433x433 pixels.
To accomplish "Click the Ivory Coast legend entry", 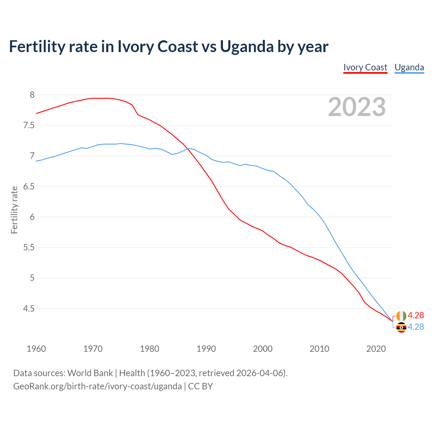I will click(365, 67).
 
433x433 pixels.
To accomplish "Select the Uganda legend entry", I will click(409, 67).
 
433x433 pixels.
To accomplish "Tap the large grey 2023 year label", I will click(357, 107).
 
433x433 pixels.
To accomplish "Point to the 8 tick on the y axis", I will click(32, 95).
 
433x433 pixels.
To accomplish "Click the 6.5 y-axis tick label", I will click(29, 186).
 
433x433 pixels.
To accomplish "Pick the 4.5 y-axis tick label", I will click(29, 309).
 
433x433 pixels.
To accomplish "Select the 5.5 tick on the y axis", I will click(29, 248).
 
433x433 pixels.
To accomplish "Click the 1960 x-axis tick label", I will click(36, 349).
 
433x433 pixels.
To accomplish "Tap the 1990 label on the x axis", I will click(206, 349).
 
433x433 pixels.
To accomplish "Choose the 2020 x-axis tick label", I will click(376, 349).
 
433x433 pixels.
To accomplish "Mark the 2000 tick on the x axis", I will click(263, 349).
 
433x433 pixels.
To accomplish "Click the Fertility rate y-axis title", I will click(14, 210).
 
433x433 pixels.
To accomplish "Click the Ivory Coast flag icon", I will click(401, 316).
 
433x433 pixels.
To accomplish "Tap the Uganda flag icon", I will click(401, 327).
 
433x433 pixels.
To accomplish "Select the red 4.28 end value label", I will click(416, 315).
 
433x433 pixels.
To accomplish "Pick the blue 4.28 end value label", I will click(416, 327).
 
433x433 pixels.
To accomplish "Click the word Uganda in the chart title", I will click(247, 46).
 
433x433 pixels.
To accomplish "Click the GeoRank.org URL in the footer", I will click(97, 386).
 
